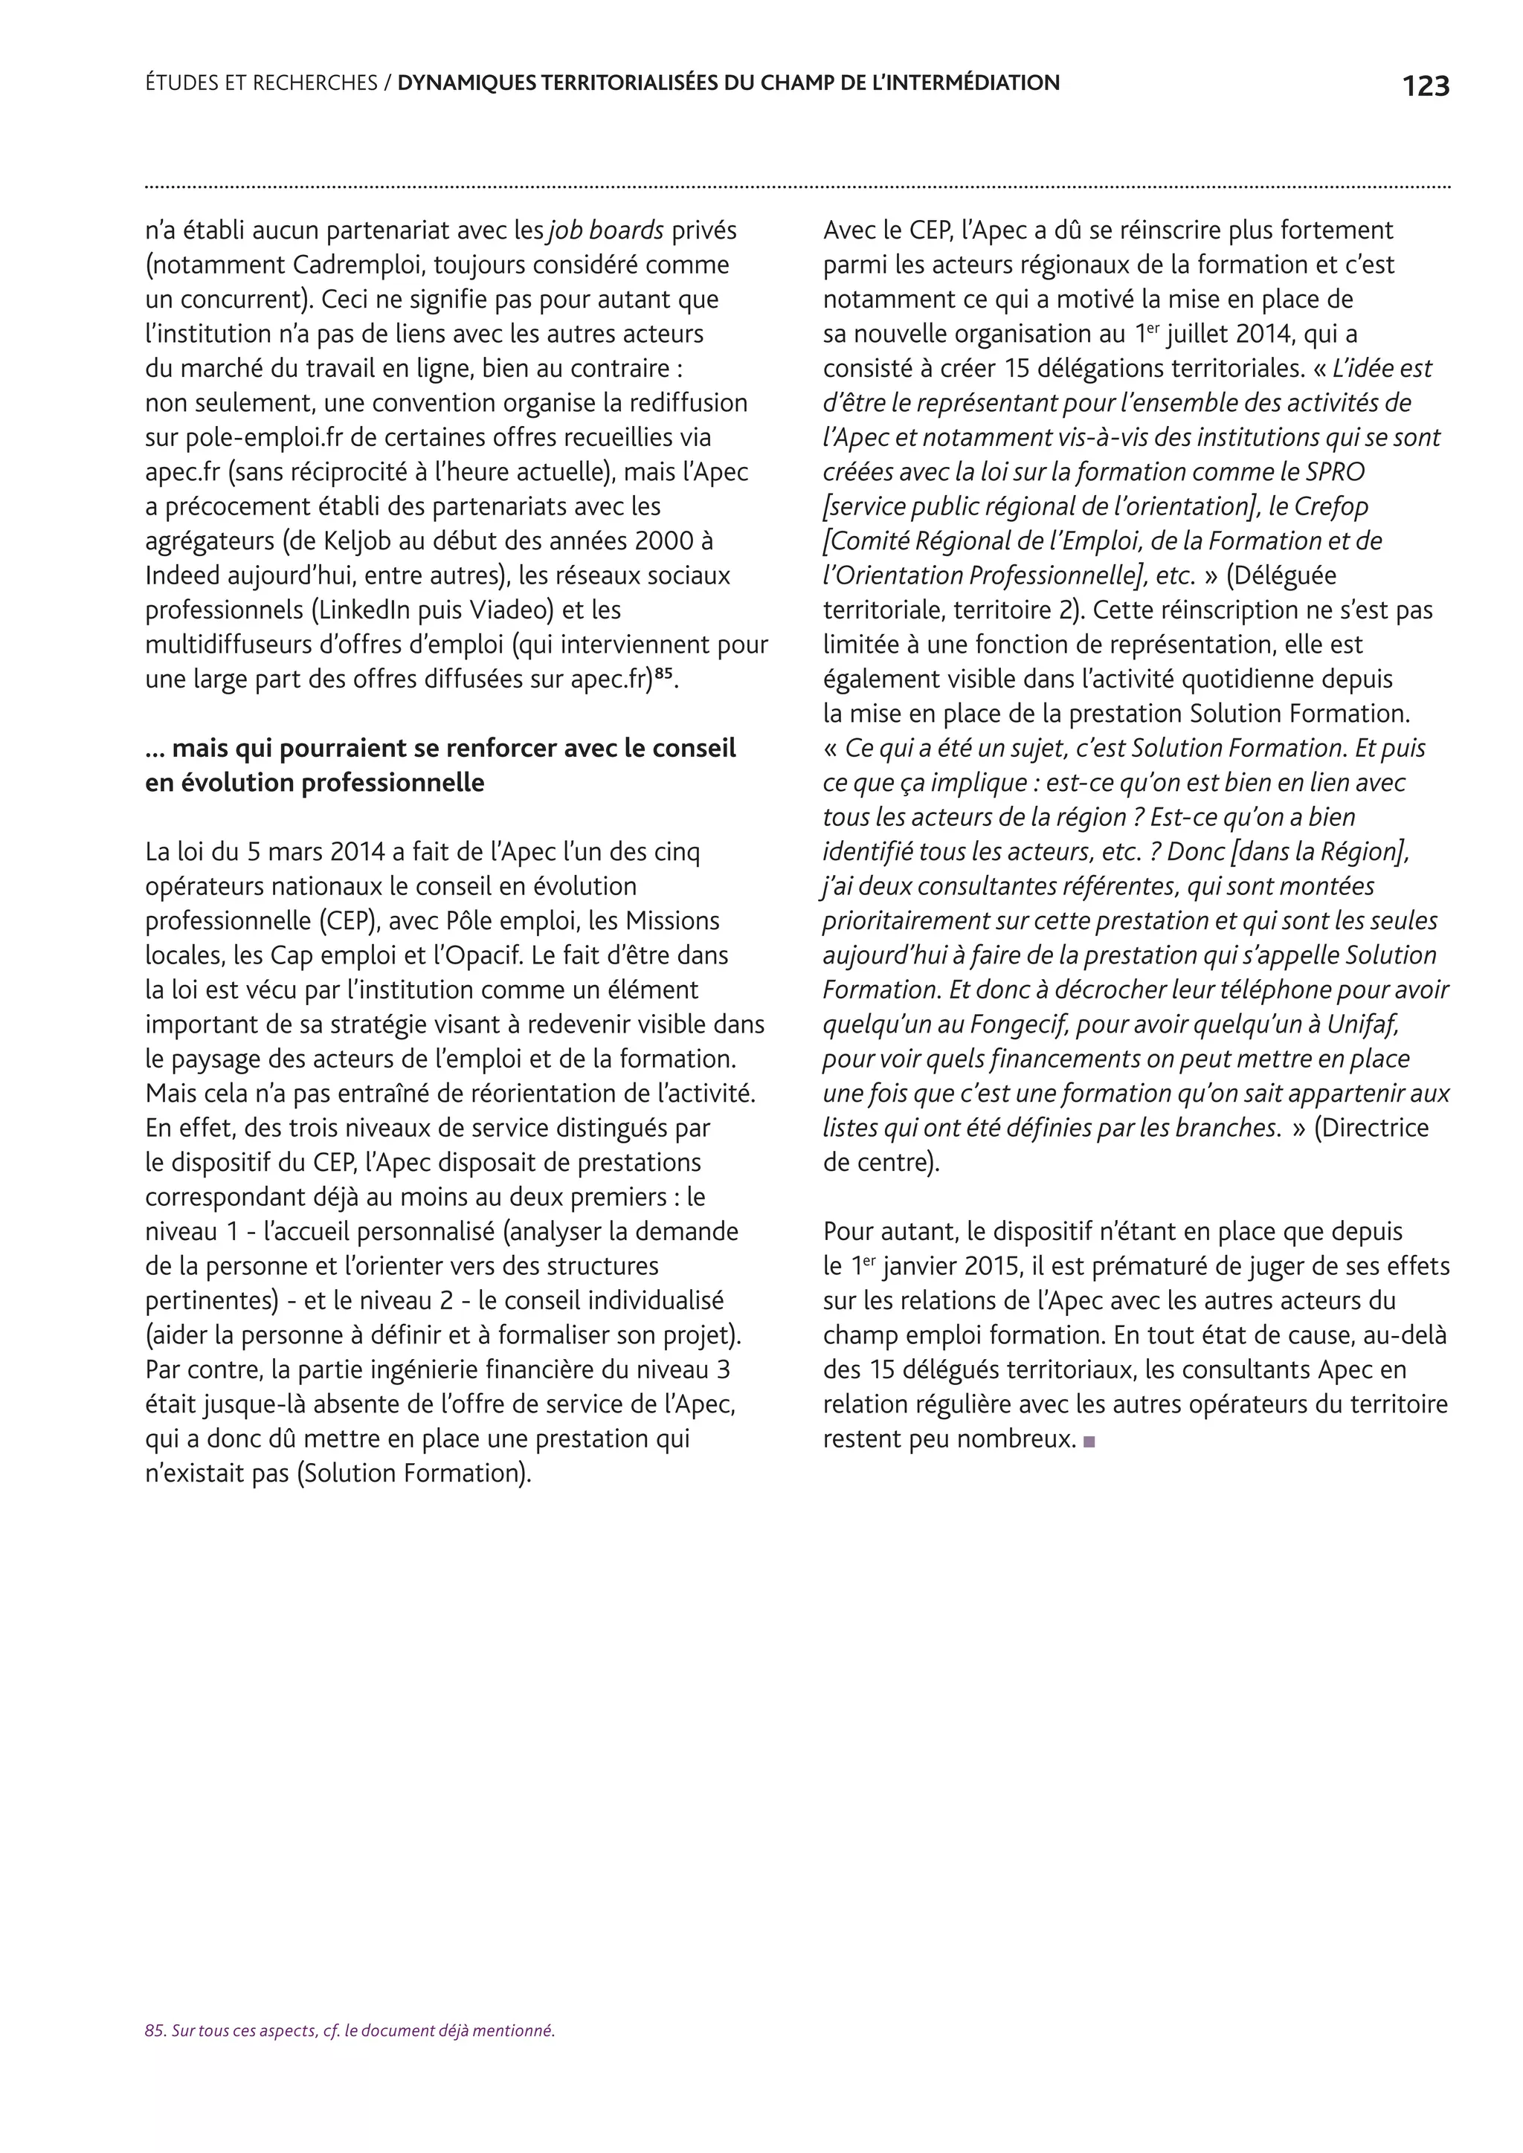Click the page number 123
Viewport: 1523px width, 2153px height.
pos(1426,86)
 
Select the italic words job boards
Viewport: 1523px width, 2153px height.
pos(606,230)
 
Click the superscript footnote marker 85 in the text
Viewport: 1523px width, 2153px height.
pos(664,672)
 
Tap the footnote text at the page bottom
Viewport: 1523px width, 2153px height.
pos(350,2031)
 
